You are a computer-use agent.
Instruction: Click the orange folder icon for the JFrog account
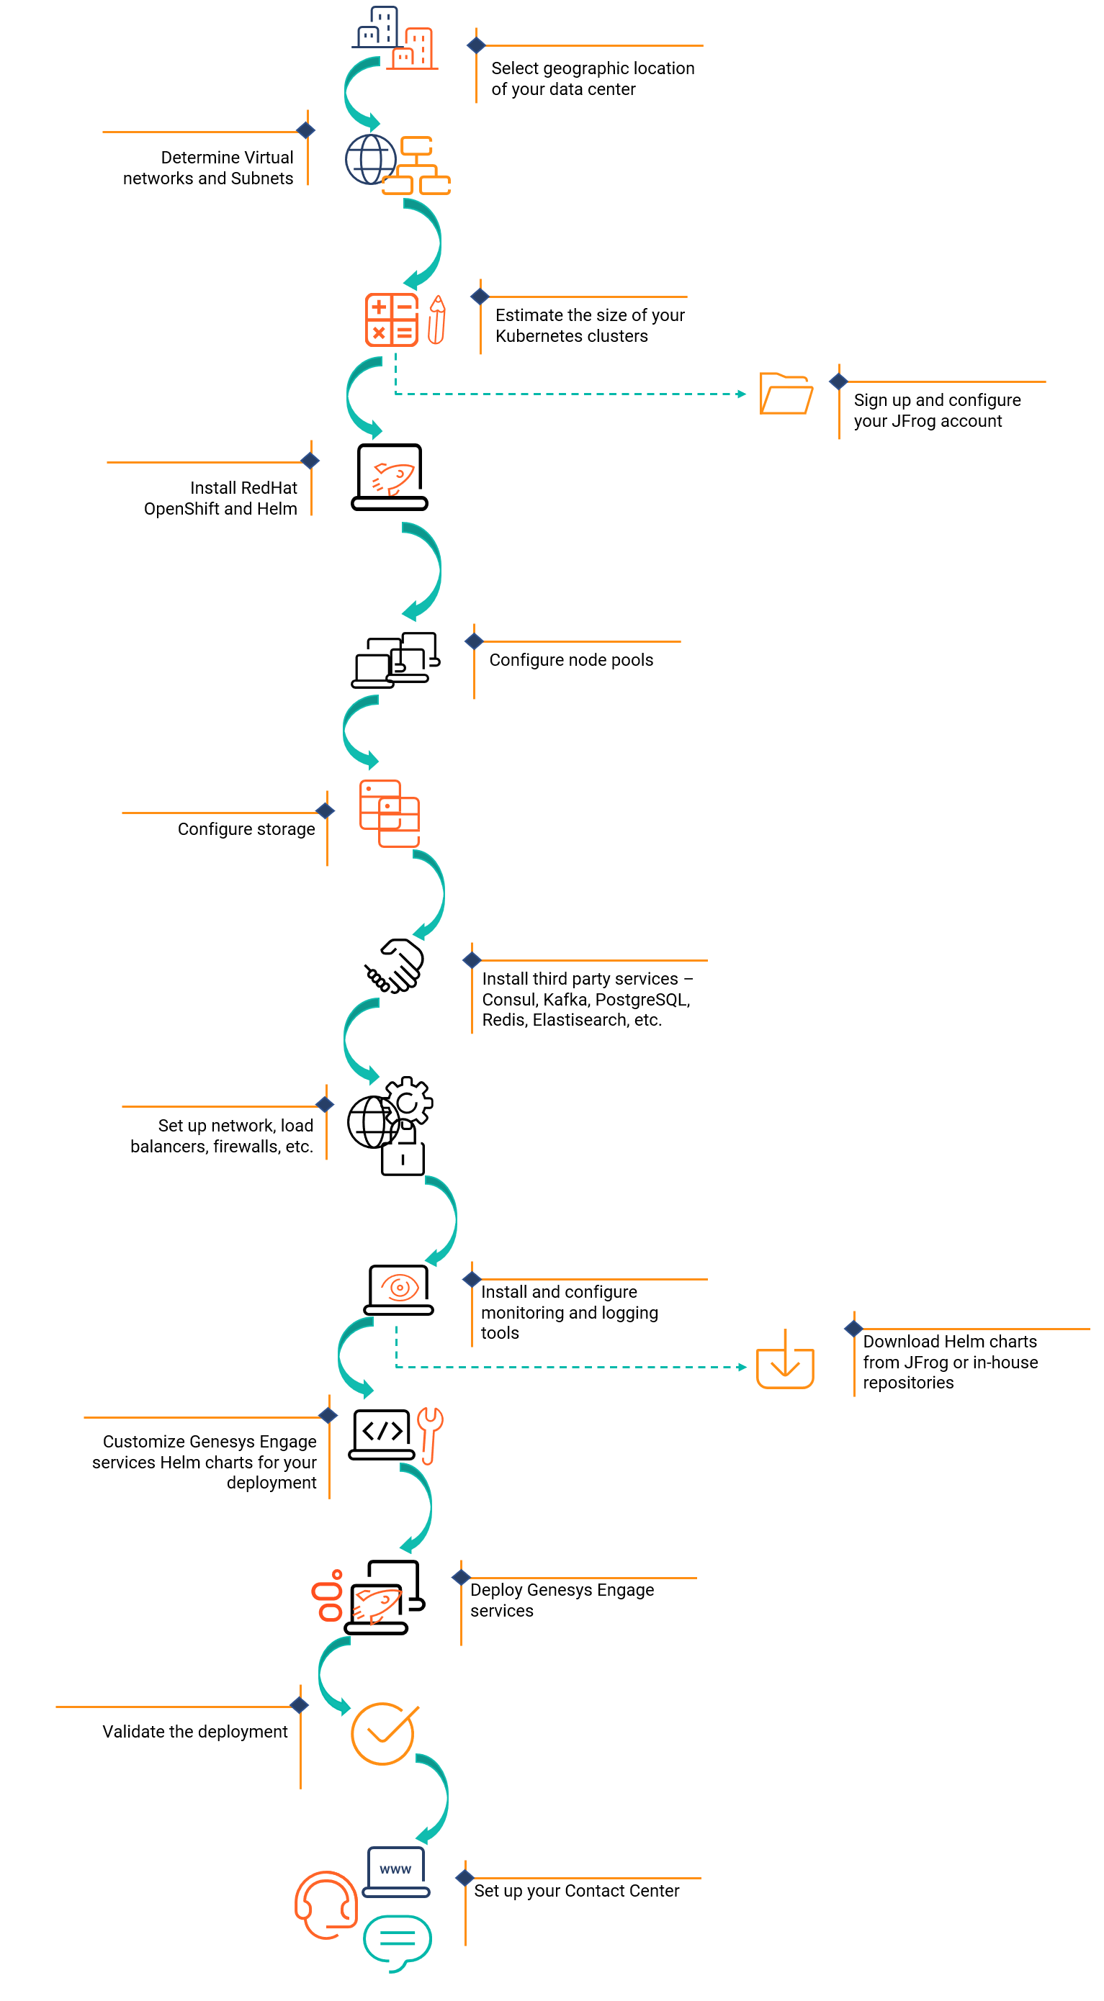(786, 393)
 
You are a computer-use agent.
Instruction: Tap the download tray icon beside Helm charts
(785, 1359)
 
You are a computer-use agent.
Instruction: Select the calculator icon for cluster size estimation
(392, 320)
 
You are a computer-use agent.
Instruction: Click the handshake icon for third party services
(394, 965)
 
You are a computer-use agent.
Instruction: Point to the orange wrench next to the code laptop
(430, 1435)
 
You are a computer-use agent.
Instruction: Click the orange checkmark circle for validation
(384, 1733)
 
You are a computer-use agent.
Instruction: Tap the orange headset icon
(326, 1905)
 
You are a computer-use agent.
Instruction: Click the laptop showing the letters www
(395, 1872)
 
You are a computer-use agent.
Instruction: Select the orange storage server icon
(389, 813)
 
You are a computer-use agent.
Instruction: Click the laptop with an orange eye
(398, 1289)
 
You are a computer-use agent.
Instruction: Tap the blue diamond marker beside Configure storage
(325, 811)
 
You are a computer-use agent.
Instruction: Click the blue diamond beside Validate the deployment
(299, 1705)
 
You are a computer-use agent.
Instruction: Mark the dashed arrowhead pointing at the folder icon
(742, 394)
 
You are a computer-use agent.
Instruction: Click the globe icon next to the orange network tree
(371, 159)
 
